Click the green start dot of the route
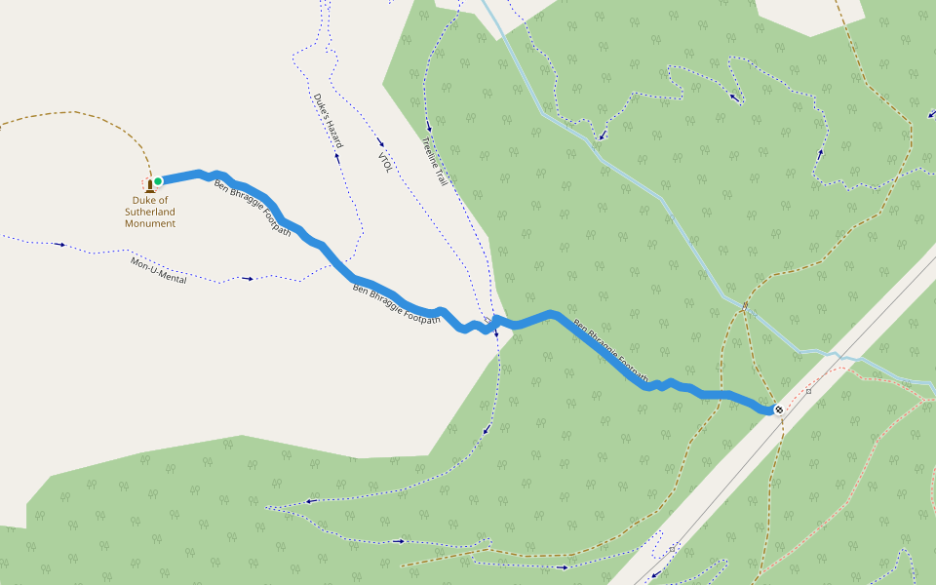[x=158, y=180]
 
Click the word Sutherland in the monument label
[x=150, y=212]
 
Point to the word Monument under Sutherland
[x=150, y=223]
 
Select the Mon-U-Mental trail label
[x=158, y=270]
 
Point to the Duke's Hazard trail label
[x=329, y=121]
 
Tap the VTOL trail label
[x=384, y=162]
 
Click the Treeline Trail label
[x=435, y=162]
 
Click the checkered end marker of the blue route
[x=778, y=410]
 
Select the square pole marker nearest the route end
[x=808, y=392]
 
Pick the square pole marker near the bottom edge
[x=673, y=549]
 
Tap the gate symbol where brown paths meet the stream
[x=745, y=307]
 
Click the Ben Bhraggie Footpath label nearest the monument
[x=253, y=208]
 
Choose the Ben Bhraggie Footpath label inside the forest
[x=610, y=351]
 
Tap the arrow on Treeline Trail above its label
[x=429, y=126]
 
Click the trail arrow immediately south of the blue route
[x=496, y=335]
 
